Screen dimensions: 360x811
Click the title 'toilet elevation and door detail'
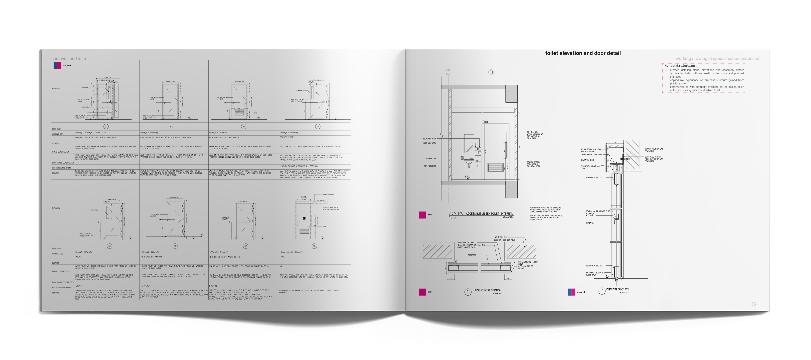coord(583,53)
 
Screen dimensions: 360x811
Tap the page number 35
coord(753,304)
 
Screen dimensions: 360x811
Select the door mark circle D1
coord(106,126)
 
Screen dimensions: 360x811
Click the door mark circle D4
coord(317,126)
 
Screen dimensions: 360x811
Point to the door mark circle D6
coord(175,246)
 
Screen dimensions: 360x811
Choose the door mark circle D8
coord(314,246)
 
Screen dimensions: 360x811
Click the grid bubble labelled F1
coord(491,72)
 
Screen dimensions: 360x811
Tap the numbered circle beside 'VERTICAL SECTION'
coord(602,291)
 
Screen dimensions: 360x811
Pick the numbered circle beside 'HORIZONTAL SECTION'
coord(468,292)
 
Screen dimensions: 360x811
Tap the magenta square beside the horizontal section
coord(423,292)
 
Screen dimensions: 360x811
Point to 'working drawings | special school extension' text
coord(718,58)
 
